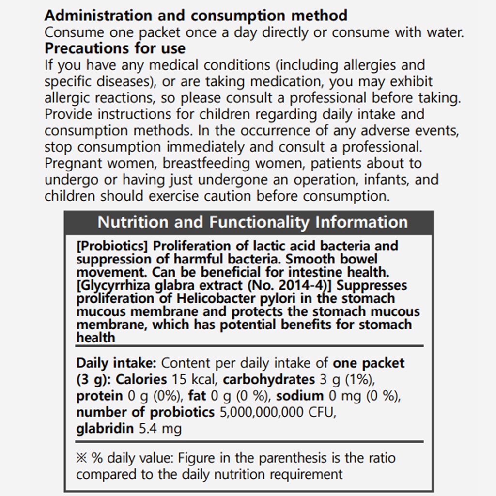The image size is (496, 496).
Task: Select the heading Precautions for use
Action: (x=115, y=48)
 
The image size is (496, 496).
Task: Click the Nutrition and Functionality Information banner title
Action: (x=252, y=222)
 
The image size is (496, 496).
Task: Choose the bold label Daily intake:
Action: (x=116, y=363)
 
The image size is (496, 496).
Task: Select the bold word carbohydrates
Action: (x=268, y=380)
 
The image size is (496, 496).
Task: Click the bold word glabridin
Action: (x=106, y=429)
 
